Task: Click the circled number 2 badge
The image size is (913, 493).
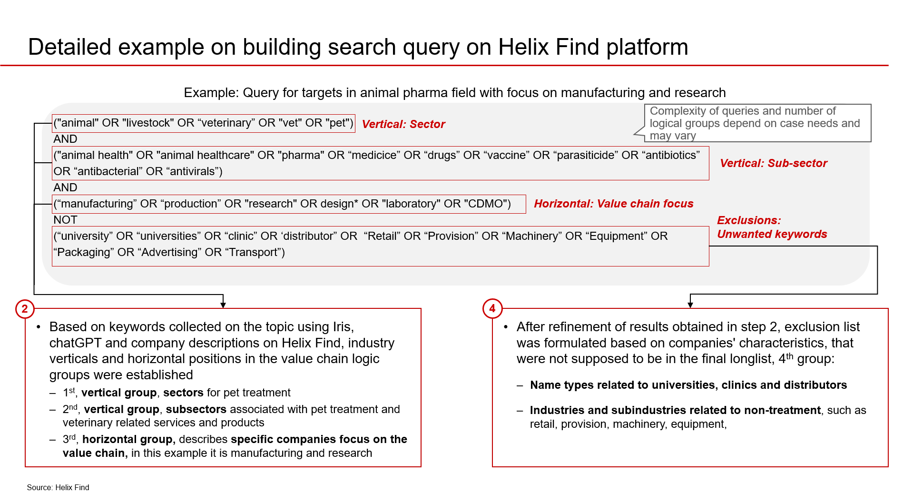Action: (25, 309)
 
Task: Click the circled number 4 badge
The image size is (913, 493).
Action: (492, 308)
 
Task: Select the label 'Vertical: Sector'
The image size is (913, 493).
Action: (403, 124)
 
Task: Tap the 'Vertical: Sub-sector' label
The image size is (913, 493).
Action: (773, 163)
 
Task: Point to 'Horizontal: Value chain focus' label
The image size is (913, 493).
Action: (613, 204)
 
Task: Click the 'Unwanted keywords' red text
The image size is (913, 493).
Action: (772, 234)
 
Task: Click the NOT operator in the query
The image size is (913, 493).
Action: (65, 220)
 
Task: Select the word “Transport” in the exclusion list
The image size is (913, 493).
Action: (254, 252)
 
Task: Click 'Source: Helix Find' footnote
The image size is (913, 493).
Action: (58, 487)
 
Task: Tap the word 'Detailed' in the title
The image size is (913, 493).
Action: (69, 47)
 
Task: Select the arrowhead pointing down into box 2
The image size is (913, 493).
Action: (223, 305)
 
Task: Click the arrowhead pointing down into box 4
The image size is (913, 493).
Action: (690, 305)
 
